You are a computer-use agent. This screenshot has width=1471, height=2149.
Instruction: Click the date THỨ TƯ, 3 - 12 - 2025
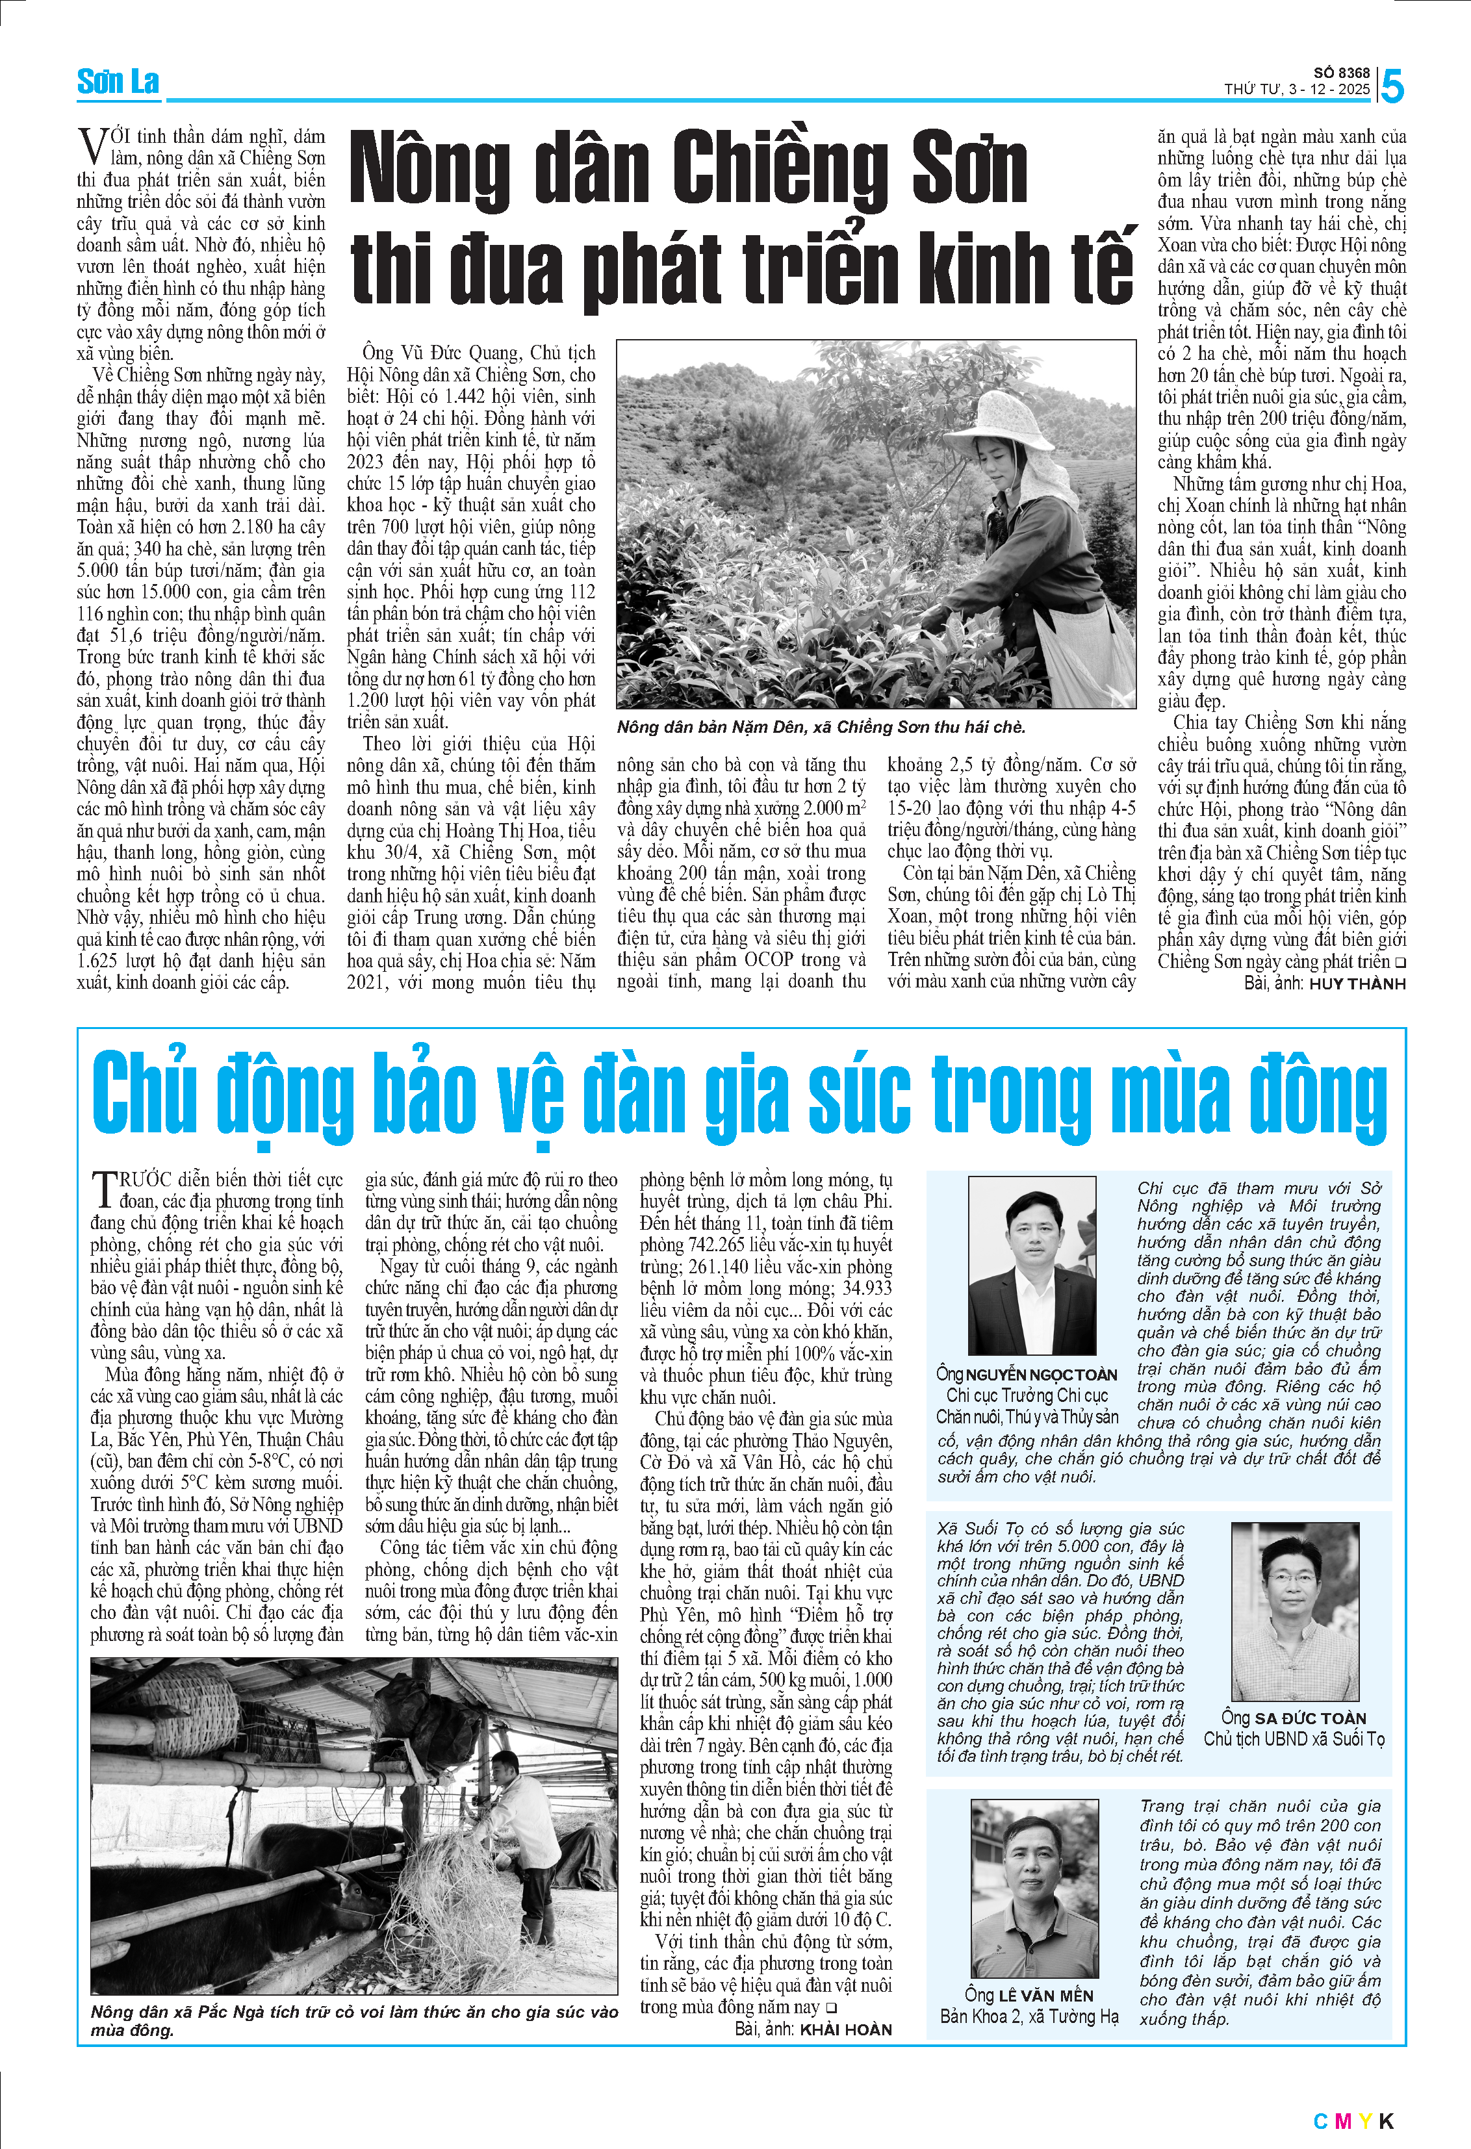(x=1296, y=90)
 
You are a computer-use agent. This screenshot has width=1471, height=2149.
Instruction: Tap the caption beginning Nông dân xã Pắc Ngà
(x=353, y=2020)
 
